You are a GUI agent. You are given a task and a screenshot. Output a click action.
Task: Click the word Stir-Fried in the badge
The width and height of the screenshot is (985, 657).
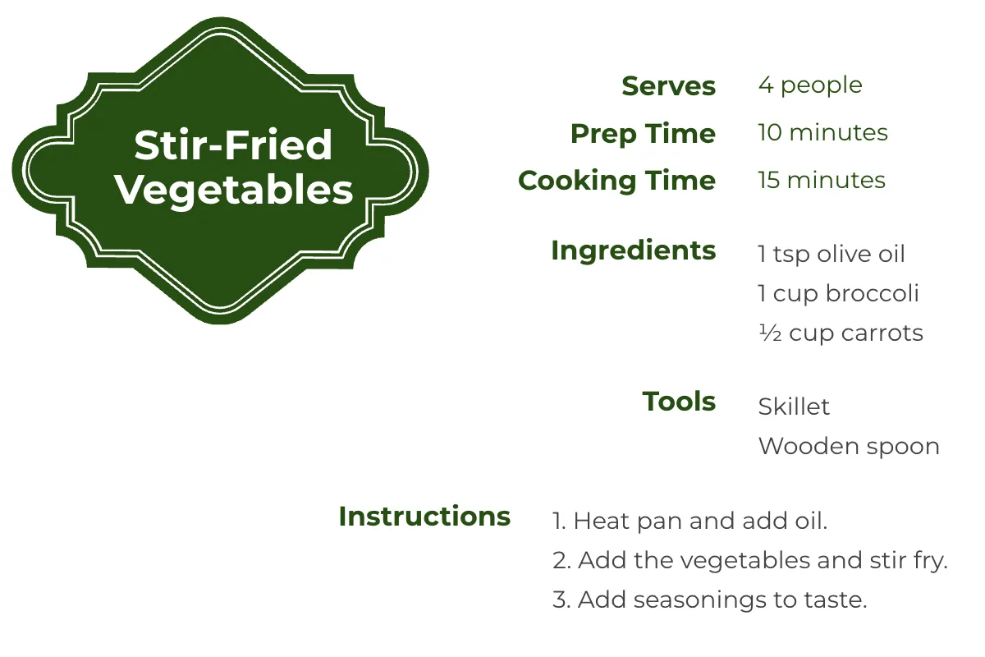(233, 146)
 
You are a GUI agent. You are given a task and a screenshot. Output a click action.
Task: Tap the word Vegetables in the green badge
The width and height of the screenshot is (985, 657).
(234, 190)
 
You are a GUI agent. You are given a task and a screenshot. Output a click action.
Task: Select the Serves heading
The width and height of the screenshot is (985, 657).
(668, 86)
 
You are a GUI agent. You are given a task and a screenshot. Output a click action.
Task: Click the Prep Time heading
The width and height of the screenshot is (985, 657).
(643, 134)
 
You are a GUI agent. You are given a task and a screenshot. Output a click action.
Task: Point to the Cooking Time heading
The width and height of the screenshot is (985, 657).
(616, 181)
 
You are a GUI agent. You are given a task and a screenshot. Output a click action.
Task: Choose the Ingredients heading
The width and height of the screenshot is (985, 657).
(633, 250)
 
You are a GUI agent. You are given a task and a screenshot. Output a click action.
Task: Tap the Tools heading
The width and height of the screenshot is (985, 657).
(679, 402)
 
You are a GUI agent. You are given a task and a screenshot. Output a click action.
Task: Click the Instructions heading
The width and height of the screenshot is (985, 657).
(424, 517)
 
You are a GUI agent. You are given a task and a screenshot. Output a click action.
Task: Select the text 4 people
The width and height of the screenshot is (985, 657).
(810, 85)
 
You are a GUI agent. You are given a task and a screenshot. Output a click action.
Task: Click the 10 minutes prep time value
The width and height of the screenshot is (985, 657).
(822, 133)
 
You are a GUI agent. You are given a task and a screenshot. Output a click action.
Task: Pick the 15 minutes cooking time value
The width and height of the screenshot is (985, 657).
(822, 181)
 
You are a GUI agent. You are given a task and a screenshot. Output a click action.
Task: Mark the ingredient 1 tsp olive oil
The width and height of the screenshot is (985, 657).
(832, 255)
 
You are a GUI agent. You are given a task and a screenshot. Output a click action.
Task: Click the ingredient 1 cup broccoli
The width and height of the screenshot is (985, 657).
(838, 294)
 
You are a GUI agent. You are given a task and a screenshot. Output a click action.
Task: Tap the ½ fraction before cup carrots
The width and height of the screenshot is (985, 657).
(769, 333)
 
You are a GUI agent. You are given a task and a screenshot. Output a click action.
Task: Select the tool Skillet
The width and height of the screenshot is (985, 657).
(794, 407)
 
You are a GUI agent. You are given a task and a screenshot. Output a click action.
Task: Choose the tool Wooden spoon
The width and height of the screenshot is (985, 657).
(849, 447)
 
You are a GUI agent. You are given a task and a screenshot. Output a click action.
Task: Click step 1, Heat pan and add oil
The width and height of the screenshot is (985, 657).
(689, 521)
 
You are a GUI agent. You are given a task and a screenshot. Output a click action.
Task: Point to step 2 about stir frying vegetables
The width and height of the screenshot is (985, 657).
(749, 561)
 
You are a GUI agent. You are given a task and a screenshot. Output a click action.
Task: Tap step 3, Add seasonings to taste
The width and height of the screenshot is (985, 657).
(709, 600)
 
